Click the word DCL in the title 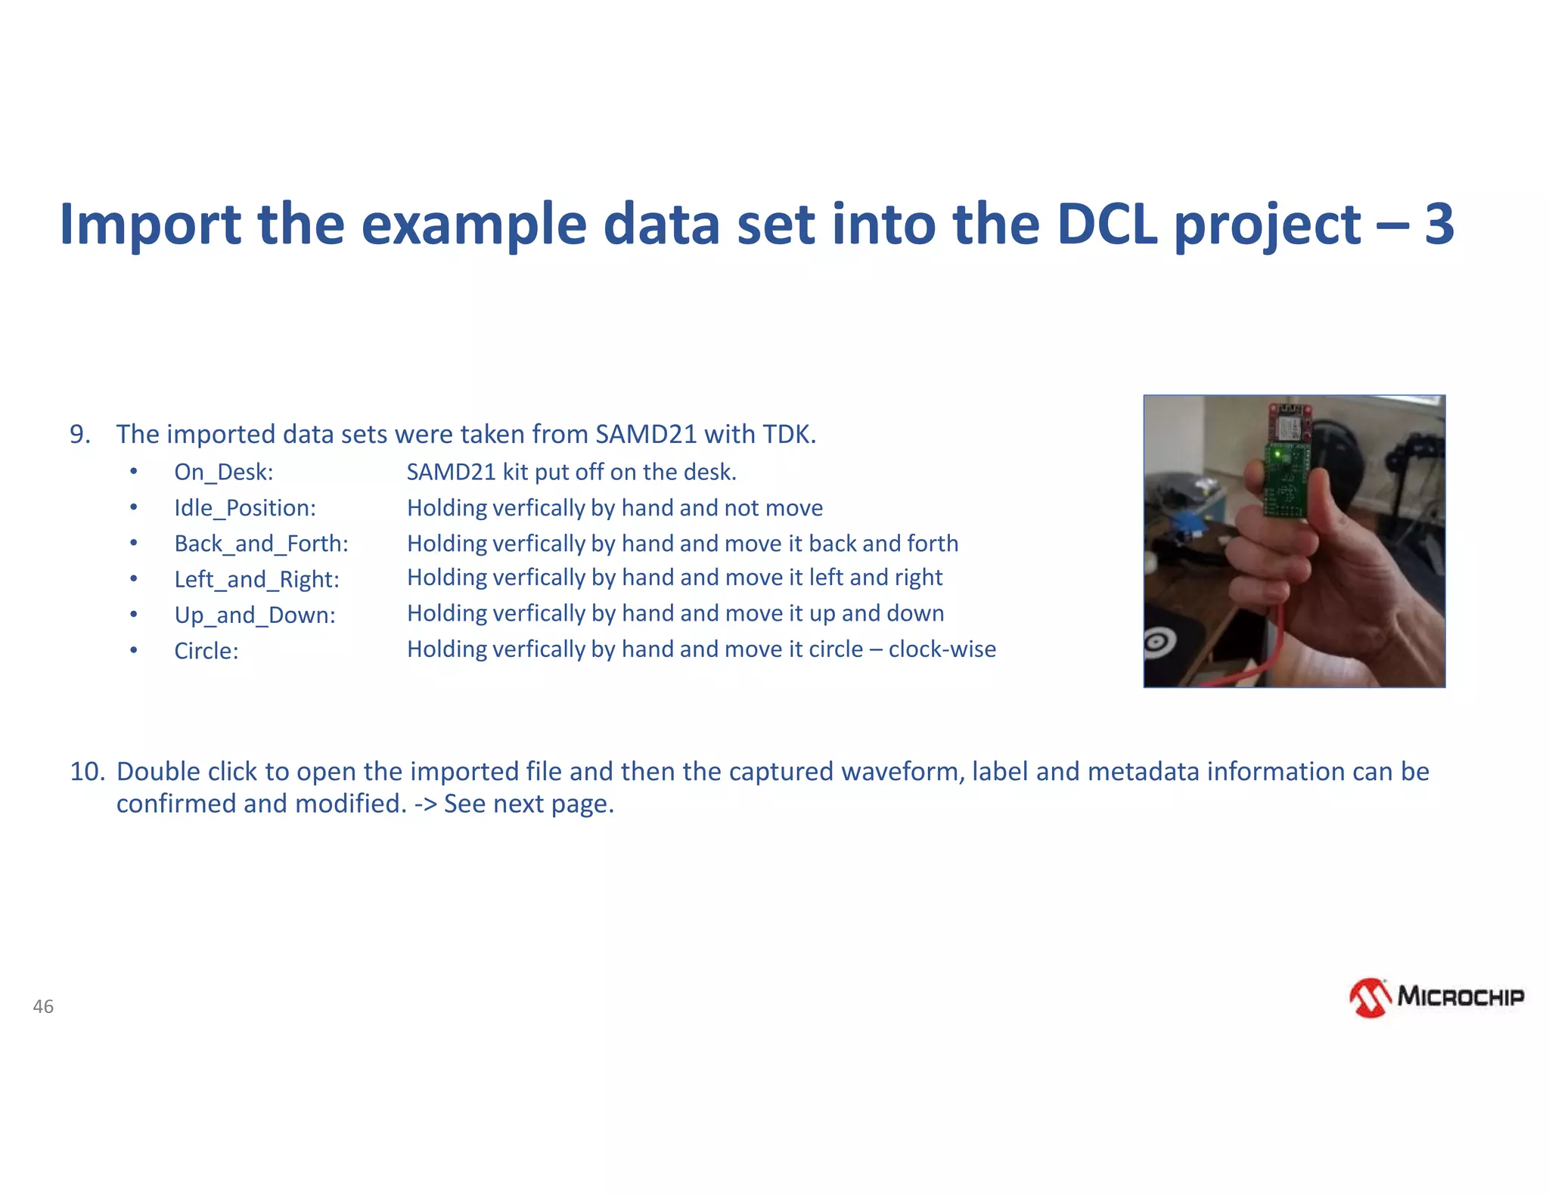click(x=1107, y=225)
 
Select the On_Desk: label click(x=223, y=472)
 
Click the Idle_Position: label click(x=244, y=507)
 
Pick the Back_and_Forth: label click(x=261, y=544)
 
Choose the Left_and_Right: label click(x=256, y=579)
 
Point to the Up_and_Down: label click(x=254, y=615)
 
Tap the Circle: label click(x=206, y=650)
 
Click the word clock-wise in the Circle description click(x=942, y=649)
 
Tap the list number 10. click(x=86, y=771)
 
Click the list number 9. click(x=79, y=434)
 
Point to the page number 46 click(x=43, y=1006)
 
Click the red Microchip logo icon click(x=1370, y=998)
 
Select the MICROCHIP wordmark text click(x=1460, y=996)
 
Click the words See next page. click(x=528, y=804)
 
